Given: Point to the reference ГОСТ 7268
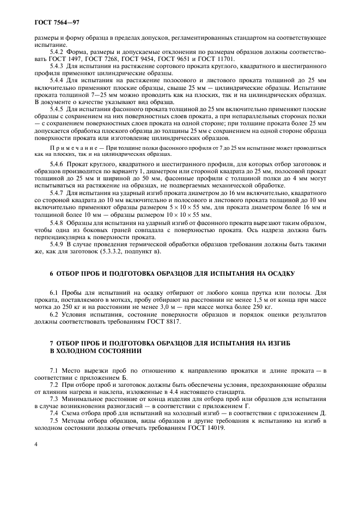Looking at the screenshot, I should tap(95, 58).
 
